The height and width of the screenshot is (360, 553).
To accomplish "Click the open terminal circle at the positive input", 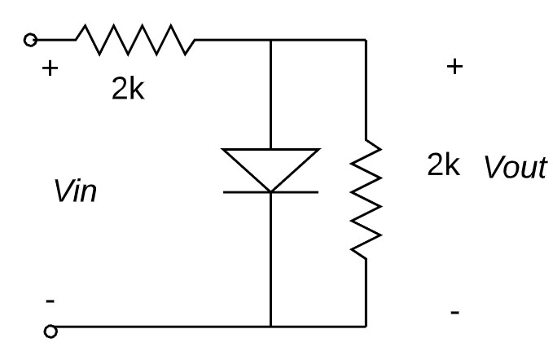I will pyautogui.click(x=32, y=38).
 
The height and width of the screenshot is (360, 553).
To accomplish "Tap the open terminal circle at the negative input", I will pyautogui.click(x=51, y=331).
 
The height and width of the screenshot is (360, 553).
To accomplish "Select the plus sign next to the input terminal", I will pyautogui.click(x=50, y=68).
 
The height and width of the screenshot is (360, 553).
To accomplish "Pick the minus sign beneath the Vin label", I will pyautogui.click(x=50, y=302).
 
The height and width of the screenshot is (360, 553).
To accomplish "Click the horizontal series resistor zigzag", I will pyautogui.click(x=135, y=38).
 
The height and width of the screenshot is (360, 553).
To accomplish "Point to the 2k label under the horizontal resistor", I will pyautogui.click(x=129, y=90).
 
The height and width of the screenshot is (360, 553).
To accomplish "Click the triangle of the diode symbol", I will pyautogui.click(x=270, y=168).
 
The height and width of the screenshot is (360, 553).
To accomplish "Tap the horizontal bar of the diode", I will pyautogui.click(x=270, y=193).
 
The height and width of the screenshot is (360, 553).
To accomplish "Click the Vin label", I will pyautogui.click(x=74, y=195).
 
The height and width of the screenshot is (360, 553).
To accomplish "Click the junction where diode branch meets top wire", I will pyautogui.click(x=270, y=38).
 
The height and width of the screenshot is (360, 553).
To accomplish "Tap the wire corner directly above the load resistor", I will pyautogui.click(x=365, y=38).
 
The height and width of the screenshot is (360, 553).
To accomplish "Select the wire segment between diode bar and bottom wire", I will pyautogui.click(x=270, y=261).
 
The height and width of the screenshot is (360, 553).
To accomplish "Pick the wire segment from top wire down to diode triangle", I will pyautogui.click(x=270, y=94).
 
